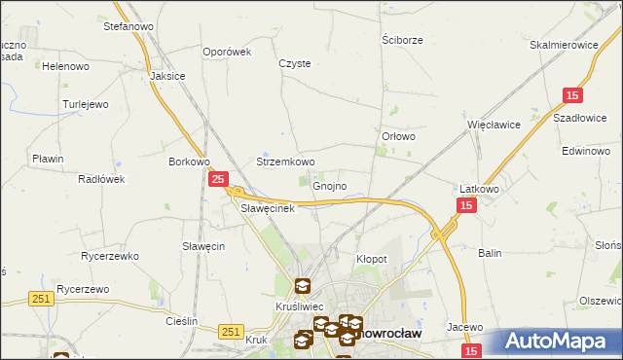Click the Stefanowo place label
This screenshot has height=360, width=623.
[124, 26]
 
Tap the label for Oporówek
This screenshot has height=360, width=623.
[227, 53]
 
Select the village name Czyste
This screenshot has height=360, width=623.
[295, 63]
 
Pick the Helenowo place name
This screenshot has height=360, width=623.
[65, 66]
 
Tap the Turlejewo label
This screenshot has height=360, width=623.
[87, 103]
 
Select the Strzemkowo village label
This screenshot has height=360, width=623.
[285, 162]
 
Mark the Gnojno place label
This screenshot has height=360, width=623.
[330, 186]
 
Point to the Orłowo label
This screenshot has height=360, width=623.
[399, 137]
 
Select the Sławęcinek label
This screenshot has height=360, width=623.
[267, 208]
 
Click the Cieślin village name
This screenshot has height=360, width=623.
[182, 321]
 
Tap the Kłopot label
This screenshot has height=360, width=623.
[372, 260]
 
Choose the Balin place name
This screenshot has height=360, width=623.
[490, 253]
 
